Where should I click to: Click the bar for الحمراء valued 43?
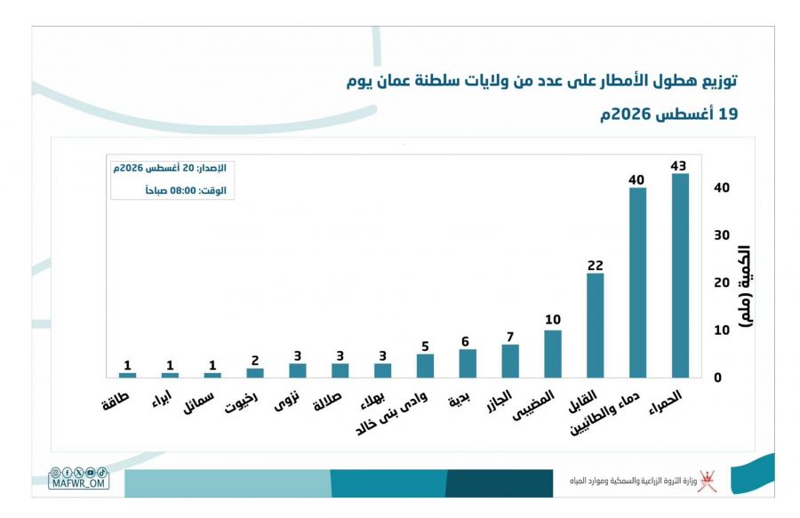click(680, 275)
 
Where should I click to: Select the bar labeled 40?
click(637, 283)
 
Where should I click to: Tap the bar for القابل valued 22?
click(596, 325)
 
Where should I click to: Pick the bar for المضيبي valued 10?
click(553, 354)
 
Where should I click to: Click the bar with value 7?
click(510, 361)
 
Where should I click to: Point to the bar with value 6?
click(468, 363)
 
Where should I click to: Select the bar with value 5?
click(425, 365)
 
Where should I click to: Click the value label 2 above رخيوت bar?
click(255, 361)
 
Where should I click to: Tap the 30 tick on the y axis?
click(722, 235)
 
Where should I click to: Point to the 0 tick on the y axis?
click(718, 378)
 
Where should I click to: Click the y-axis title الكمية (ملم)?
click(745, 286)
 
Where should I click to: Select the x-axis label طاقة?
click(116, 401)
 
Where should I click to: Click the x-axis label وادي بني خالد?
click(391, 413)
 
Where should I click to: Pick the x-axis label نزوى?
click(286, 401)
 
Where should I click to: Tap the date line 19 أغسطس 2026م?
click(668, 114)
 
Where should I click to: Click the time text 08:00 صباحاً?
click(171, 191)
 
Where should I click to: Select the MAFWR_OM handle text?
click(78, 483)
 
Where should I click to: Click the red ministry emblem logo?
click(708, 482)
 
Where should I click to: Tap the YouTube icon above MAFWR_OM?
click(91, 473)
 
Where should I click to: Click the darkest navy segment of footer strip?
click(500, 483)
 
